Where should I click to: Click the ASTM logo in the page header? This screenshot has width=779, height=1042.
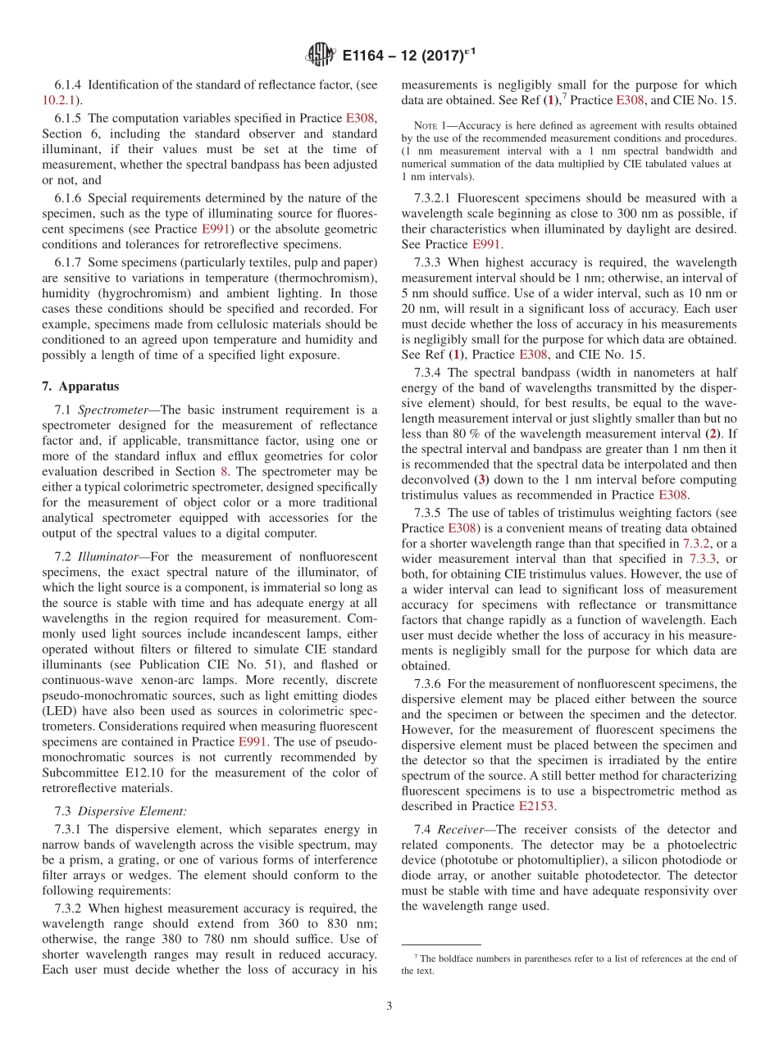click(x=320, y=55)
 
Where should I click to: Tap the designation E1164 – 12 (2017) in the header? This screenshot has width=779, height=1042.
click(x=407, y=56)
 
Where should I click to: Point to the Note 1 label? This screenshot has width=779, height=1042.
click(x=430, y=125)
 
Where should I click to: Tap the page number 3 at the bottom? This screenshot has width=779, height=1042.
click(x=389, y=1006)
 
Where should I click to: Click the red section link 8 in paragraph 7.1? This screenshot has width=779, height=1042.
click(x=222, y=471)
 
